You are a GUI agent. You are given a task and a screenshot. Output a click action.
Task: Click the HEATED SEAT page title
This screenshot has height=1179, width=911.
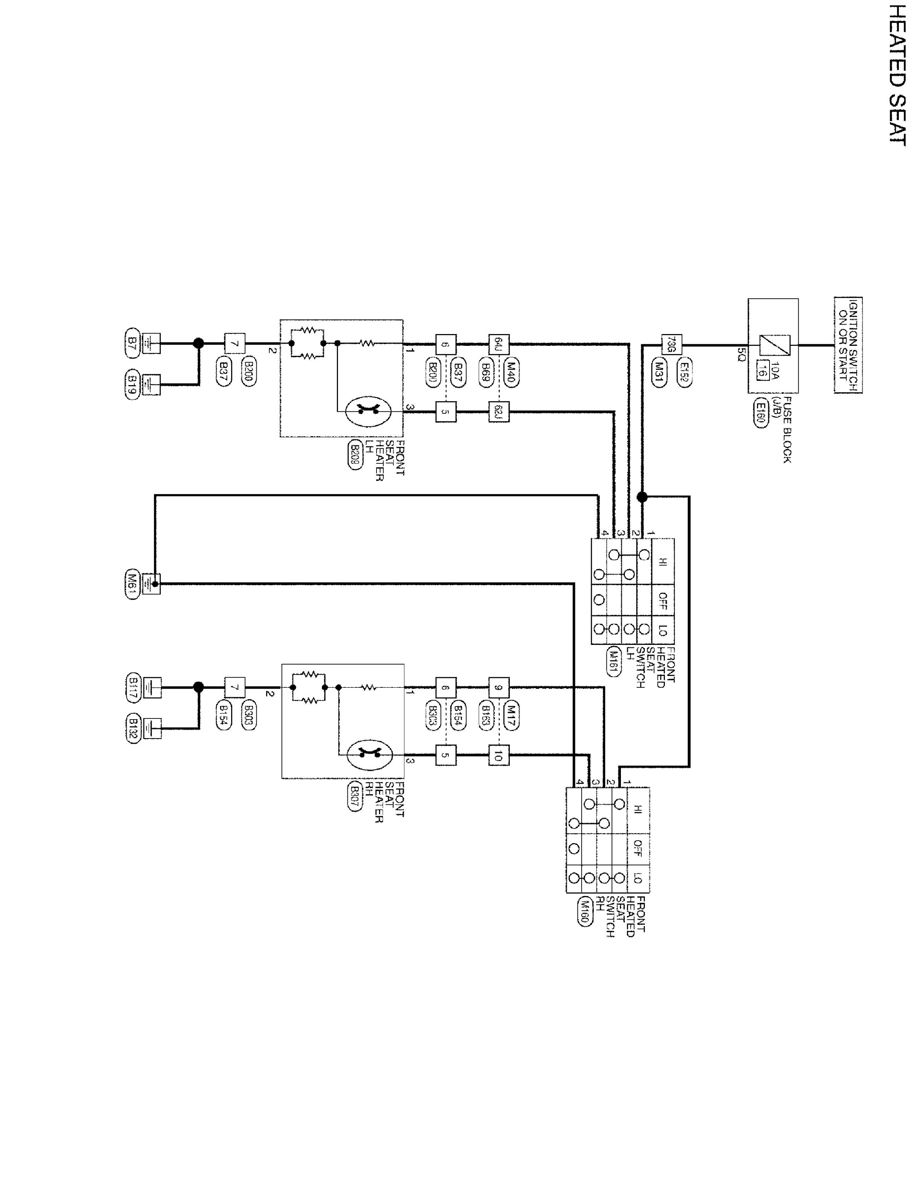(896, 75)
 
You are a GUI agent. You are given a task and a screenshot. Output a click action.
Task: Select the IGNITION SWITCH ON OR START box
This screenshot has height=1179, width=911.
(848, 345)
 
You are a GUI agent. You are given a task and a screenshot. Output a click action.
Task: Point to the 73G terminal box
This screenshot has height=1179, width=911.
(671, 344)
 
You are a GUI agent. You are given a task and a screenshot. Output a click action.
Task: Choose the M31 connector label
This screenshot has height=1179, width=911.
(659, 373)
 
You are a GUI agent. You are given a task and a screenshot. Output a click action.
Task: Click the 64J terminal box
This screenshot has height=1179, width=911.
(498, 344)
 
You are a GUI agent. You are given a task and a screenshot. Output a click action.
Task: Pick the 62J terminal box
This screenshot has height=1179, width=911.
(498, 412)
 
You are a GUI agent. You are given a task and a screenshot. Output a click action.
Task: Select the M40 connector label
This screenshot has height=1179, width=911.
(511, 373)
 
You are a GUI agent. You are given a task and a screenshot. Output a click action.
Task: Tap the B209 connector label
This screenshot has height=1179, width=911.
(354, 456)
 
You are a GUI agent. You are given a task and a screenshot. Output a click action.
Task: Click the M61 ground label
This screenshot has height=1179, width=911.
(132, 583)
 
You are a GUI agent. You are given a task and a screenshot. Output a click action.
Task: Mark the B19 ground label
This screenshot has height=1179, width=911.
(132, 384)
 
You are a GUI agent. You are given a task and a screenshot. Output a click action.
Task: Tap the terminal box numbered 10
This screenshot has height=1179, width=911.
(498, 756)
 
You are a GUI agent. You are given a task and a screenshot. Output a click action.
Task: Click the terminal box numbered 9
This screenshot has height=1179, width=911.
(498, 688)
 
